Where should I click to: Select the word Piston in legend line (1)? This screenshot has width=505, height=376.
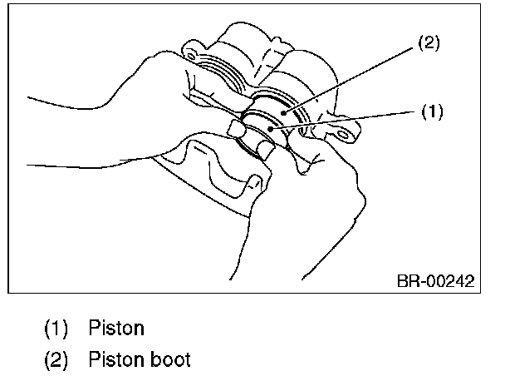pos(115,328)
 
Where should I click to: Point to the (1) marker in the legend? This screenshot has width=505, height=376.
pos(56,328)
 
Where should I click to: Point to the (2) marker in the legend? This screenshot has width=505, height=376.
pos(56,359)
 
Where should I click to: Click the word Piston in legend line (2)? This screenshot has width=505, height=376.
pos(115,359)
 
